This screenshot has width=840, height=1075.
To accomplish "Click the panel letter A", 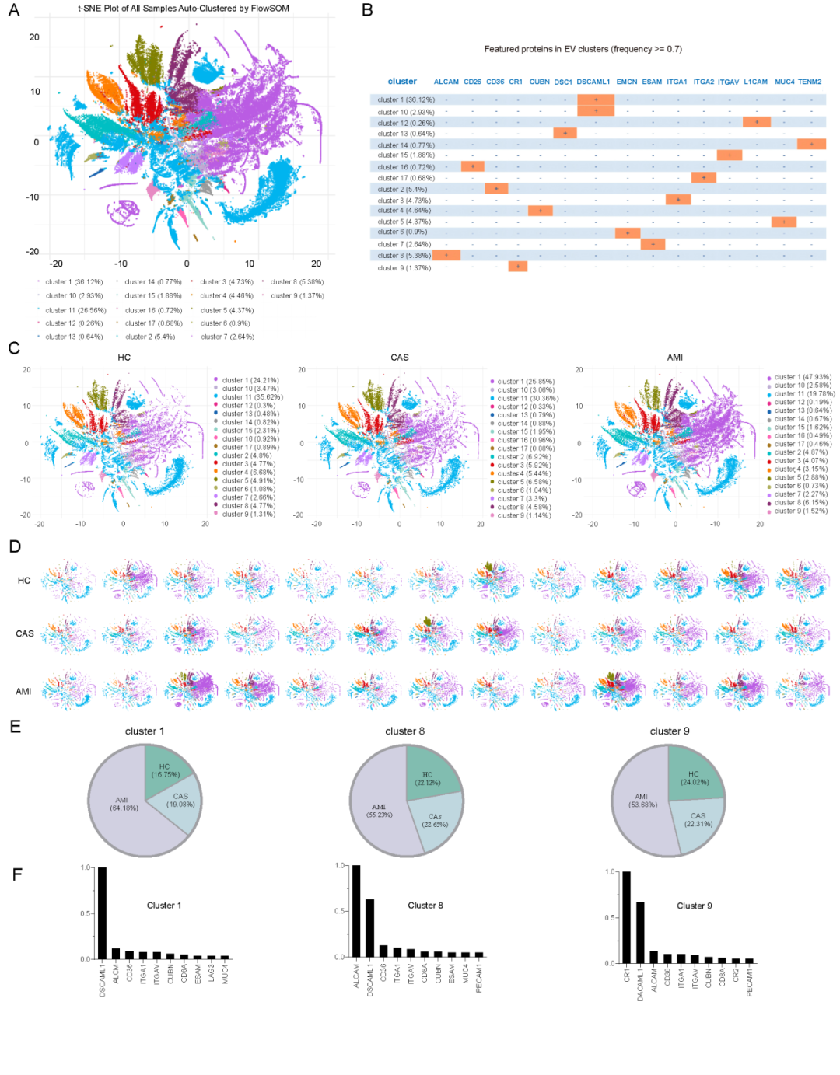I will [x=13, y=10].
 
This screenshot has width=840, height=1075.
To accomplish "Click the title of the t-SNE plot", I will [x=183, y=9].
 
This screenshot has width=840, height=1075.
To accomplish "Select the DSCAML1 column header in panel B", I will [x=593, y=82].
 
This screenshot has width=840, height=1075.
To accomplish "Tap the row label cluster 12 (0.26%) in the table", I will [x=406, y=123].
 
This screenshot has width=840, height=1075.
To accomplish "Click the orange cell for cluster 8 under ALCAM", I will [x=446, y=255].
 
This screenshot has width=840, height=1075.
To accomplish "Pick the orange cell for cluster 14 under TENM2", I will [x=811, y=145].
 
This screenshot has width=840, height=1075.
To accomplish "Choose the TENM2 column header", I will [x=810, y=82].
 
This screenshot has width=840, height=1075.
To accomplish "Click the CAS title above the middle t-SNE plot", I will [x=400, y=358].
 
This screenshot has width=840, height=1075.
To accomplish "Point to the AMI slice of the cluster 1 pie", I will [x=121, y=804].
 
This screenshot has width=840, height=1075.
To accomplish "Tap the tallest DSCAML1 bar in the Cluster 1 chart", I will [x=102, y=913].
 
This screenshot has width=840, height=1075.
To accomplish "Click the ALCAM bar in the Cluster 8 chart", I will [x=356, y=911].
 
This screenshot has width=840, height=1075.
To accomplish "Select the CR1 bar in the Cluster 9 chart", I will [x=627, y=918].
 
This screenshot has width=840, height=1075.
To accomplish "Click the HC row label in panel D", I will [x=24, y=581].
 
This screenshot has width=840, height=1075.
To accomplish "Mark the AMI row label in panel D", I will [x=24, y=691].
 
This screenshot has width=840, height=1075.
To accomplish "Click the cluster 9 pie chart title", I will [x=670, y=731].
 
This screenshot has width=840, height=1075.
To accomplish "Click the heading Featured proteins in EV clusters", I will [x=583, y=49].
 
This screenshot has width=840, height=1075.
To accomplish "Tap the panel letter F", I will [x=17, y=874].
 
